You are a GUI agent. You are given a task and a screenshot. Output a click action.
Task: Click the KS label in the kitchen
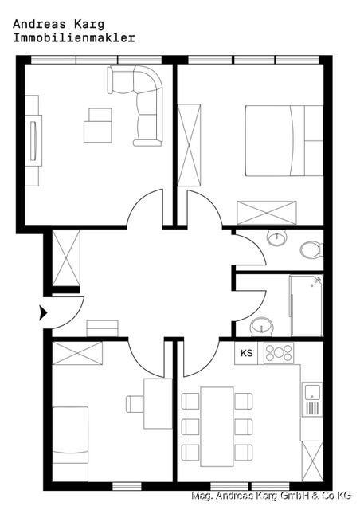tap(247, 352)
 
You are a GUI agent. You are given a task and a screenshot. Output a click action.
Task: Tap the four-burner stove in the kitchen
tap(279, 352)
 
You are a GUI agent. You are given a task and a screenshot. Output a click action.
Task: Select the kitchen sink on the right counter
tap(312, 392)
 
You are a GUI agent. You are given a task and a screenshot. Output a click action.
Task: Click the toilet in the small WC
tap(311, 249)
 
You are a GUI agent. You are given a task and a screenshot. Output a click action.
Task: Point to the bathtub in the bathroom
tap(305, 306)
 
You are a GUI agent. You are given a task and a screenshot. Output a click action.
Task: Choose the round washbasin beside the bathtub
tap(260, 327)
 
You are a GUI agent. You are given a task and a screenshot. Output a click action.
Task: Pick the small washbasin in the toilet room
tap(276, 236)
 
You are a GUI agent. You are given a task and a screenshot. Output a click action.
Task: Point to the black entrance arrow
tap(43, 312)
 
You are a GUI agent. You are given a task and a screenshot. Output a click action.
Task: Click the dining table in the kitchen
tap(217, 426)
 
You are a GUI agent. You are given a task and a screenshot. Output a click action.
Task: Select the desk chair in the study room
tap(135, 404)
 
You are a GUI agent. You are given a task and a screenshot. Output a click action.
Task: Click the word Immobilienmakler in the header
tap(74, 37)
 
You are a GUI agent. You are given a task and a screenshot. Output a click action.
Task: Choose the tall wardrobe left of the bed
tap(190, 144)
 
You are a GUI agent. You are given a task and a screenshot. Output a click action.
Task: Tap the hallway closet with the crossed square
tap(65, 258)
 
